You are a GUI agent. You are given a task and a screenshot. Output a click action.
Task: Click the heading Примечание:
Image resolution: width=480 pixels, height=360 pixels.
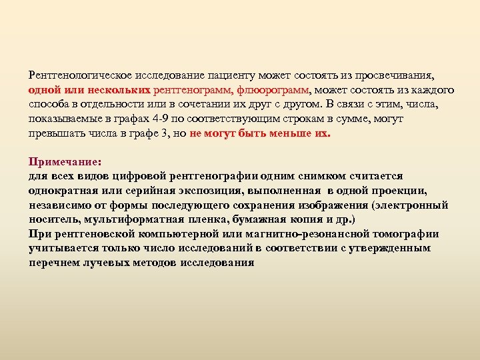64,161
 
